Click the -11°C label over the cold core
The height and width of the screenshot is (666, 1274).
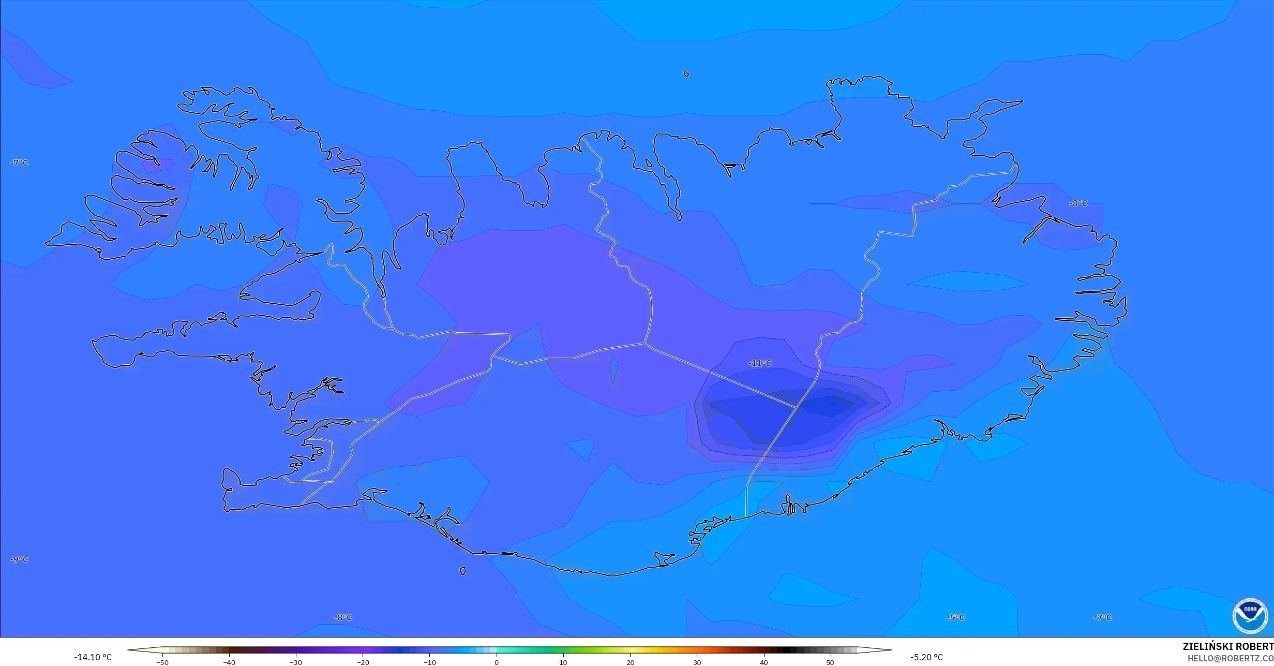point(759,363)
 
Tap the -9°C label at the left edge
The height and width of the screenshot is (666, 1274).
point(19,559)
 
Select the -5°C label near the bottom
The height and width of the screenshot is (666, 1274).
point(955,617)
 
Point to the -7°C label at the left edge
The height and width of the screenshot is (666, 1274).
point(19,163)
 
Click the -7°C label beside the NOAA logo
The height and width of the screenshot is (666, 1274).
point(1102,617)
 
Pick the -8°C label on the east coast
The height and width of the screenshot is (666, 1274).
point(1078,203)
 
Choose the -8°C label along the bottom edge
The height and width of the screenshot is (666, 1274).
point(342,617)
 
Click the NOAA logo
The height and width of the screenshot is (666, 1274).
point(1250,616)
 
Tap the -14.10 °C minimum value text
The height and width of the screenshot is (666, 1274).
point(93,657)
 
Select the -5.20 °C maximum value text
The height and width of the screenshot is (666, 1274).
point(926,657)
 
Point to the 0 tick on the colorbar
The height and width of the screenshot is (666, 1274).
point(497,662)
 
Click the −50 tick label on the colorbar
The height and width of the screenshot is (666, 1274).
point(162,662)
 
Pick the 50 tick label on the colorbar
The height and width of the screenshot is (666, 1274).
point(830,662)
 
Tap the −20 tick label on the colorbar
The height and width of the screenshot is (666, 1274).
point(363,662)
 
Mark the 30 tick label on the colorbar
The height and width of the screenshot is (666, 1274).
point(697,662)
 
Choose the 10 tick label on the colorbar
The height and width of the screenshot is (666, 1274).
point(563,662)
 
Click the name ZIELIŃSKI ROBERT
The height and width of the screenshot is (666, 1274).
point(1228,646)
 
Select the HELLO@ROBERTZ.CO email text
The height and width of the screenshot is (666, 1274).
point(1230,658)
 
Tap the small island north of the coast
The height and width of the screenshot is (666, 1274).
point(686,74)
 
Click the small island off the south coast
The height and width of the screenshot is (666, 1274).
point(462,571)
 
